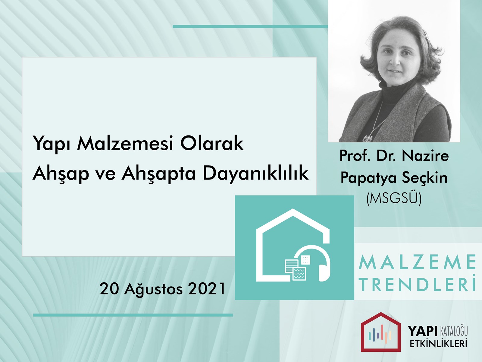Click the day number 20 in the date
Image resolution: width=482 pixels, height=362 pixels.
click(110, 289)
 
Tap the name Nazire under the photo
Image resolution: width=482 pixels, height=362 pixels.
click(425, 156)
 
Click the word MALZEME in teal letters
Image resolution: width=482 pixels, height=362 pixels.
click(417, 262)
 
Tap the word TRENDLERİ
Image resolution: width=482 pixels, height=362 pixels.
click(417, 285)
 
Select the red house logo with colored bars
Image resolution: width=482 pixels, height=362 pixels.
click(381, 332)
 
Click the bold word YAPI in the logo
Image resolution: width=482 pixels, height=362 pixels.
click(423, 331)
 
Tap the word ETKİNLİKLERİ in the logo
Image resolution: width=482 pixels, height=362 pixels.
click(438, 344)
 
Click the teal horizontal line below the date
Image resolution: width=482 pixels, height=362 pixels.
click(133, 315)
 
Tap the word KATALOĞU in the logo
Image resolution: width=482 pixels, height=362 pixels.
click(454, 331)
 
